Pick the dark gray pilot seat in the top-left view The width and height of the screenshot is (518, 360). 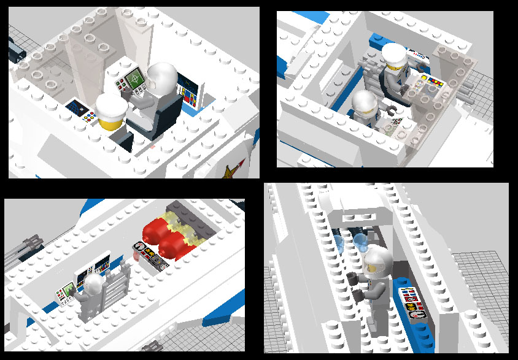168,113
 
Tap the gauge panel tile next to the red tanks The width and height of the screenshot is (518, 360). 149,256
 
